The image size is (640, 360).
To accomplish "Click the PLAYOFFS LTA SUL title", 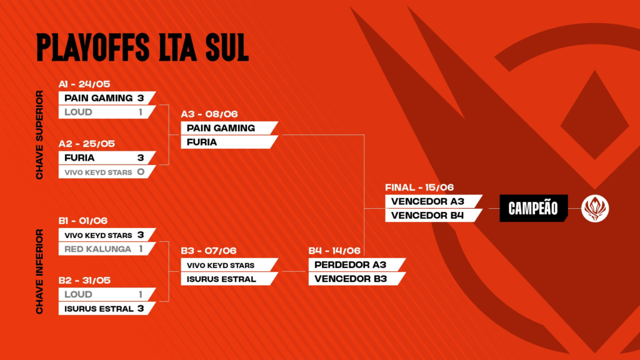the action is click(x=142, y=47).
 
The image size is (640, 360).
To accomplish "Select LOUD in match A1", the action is click(x=78, y=112).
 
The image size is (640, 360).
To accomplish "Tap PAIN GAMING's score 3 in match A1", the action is click(x=141, y=98).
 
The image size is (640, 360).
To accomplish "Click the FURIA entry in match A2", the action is click(x=79, y=158).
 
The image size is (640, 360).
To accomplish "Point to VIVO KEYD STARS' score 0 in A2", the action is click(x=141, y=172).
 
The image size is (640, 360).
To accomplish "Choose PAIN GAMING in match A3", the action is click(x=221, y=128).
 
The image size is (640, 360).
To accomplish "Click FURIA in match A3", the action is click(x=202, y=142).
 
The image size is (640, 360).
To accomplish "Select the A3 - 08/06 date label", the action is click(x=209, y=114).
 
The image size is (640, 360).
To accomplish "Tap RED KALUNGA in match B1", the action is click(x=98, y=249).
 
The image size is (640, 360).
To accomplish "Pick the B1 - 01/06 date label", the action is click(x=83, y=221).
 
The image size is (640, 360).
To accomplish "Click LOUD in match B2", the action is click(x=78, y=294).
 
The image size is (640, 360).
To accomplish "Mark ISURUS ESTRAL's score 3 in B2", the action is click(x=141, y=309).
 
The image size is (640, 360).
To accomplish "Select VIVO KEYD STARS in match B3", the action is click(x=221, y=265).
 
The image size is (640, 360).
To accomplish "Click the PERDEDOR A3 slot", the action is click(x=350, y=265).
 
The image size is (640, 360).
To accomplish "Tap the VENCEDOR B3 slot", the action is click(x=351, y=279).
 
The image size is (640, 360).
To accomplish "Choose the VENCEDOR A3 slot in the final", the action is click(x=427, y=201).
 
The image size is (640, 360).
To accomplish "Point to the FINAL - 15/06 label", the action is click(x=419, y=187).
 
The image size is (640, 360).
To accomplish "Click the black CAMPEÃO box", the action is click(x=534, y=208).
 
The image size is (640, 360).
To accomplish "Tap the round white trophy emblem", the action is click(x=595, y=209).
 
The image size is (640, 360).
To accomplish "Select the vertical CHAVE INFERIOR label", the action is click(x=39, y=271).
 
